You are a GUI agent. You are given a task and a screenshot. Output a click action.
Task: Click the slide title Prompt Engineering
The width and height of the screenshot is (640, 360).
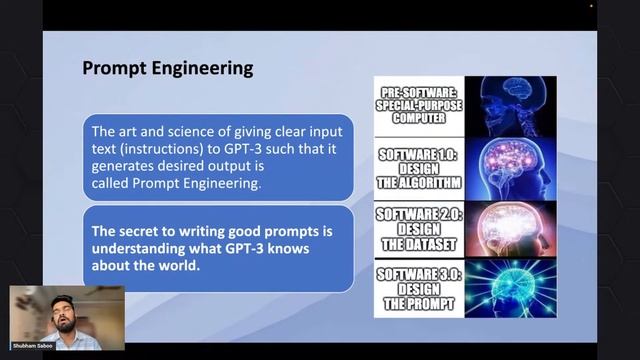(x=166, y=68)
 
